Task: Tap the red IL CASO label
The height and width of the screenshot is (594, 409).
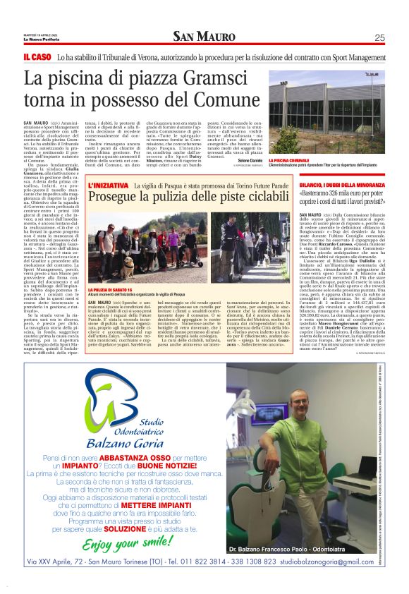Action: [x=37, y=56]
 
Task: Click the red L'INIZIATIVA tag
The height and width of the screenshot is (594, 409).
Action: [x=109, y=184]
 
